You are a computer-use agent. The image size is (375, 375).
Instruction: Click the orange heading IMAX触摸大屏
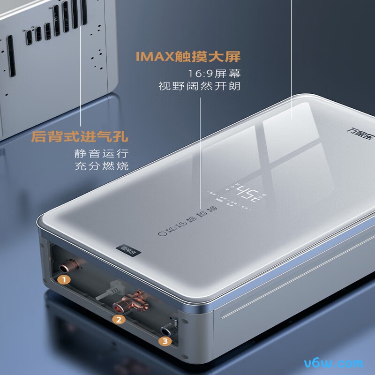point(188,57)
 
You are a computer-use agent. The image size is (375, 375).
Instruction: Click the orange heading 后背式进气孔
point(80,137)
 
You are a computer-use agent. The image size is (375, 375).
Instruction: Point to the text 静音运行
point(101,153)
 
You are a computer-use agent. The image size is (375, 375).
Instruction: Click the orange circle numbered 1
point(64,280)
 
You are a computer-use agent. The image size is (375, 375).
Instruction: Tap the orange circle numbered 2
point(119,320)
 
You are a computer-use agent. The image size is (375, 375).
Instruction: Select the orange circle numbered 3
point(164,341)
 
